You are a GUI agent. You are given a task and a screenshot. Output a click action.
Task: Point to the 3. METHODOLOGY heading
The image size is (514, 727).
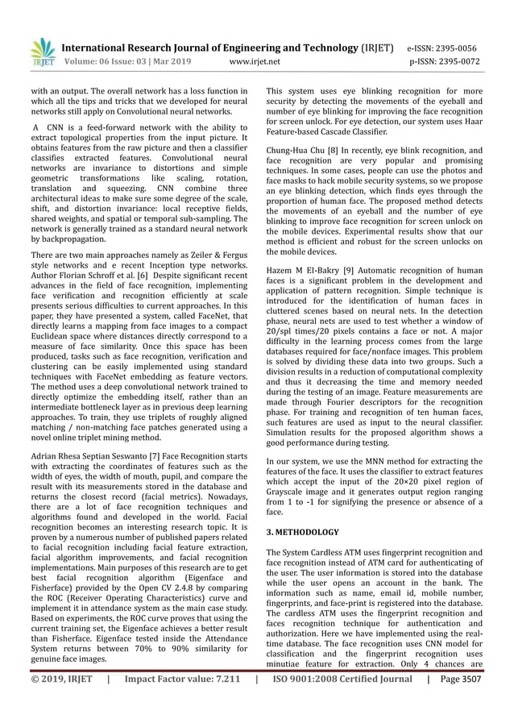pos(302,533)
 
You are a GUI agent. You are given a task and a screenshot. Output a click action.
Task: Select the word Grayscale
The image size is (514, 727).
pos(290,491)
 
